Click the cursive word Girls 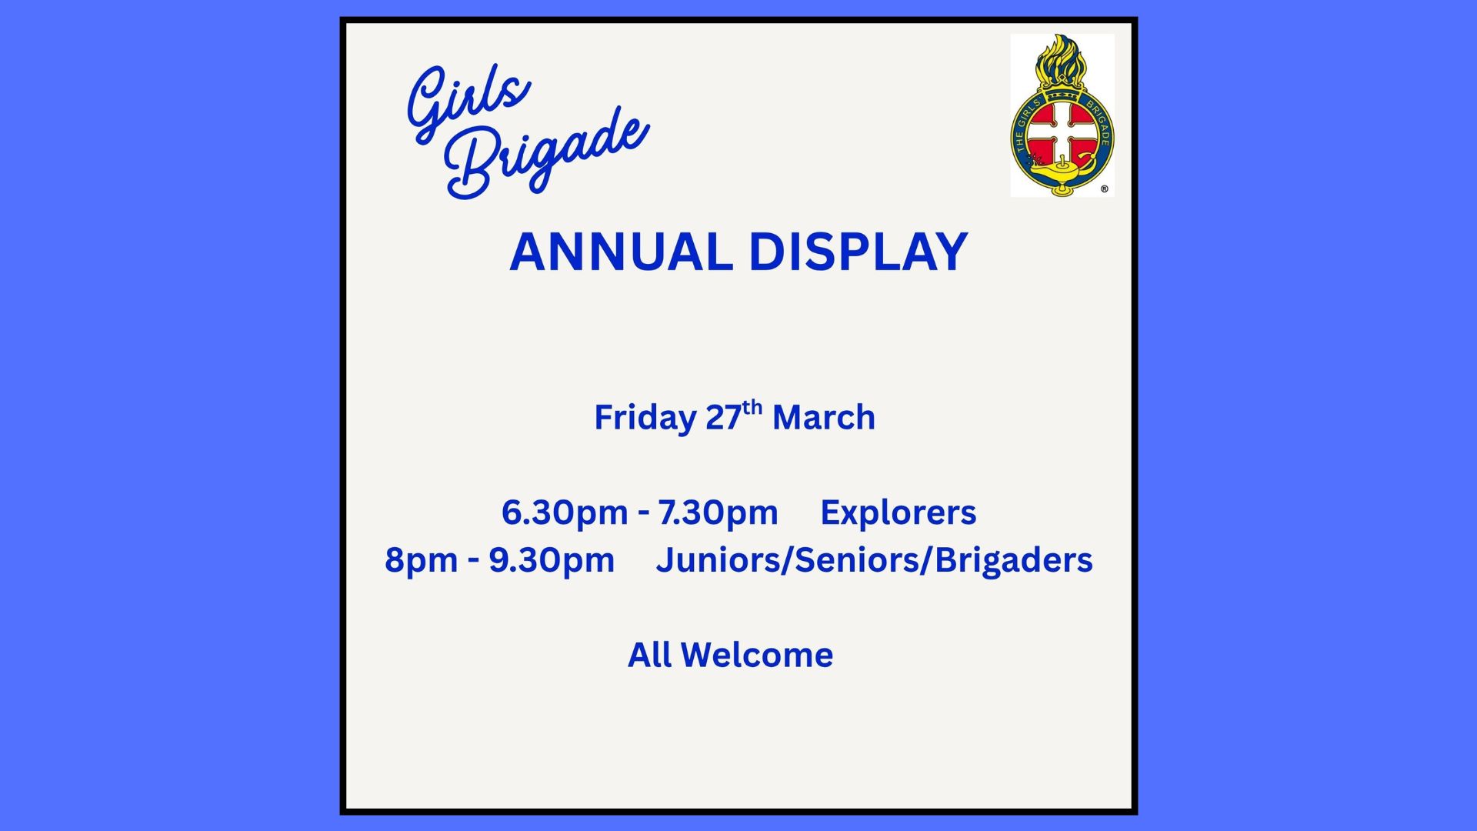[x=468, y=102]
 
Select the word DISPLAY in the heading [x=859, y=252]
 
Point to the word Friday [x=645, y=419]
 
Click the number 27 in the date [x=723, y=418]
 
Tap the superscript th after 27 [x=752, y=406]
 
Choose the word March [x=824, y=418]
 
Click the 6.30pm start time [x=565, y=513]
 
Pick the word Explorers [x=899, y=513]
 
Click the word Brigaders [x=1014, y=561]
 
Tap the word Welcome [x=757, y=656]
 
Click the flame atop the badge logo [x=1061, y=59]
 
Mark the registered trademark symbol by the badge [x=1105, y=189]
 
